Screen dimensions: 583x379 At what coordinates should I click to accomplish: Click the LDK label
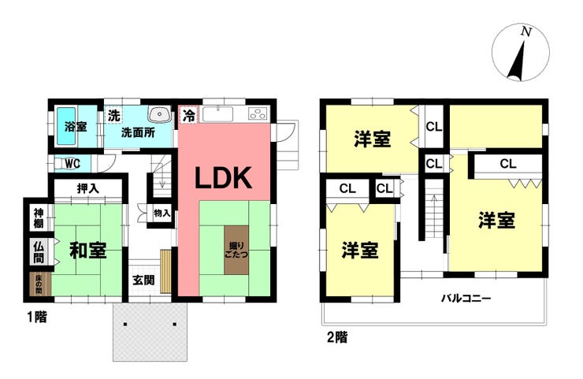tap(224, 178)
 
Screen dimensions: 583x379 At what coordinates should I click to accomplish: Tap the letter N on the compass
tap(526, 32)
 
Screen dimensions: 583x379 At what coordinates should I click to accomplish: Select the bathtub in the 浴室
tap(66, 126)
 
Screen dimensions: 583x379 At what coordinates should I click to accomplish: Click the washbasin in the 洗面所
tap(160, 113)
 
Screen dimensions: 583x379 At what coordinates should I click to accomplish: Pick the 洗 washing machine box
tap(113, 115)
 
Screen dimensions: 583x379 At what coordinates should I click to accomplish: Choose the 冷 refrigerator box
tap(189, 115)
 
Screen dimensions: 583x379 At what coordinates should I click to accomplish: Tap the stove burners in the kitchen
tap(258, 113)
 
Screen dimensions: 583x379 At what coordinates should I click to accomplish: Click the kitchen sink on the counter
tap(218, 113)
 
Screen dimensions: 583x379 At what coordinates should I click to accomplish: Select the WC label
tap(72, 164)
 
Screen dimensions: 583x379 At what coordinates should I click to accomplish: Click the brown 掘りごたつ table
tap(236, 250)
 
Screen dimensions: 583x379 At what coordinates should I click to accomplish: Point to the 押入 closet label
tap(88, 188)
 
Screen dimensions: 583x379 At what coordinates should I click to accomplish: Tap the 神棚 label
tap(39, 218)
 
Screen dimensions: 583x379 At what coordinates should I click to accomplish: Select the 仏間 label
tap(39, 252)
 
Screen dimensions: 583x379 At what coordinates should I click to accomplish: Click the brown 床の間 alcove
tap(39, 285)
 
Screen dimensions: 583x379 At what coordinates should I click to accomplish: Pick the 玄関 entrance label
tap(143, 280)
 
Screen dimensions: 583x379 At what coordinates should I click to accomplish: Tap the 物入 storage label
tap(162, 214)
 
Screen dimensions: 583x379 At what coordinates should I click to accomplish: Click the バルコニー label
tap(466, 299)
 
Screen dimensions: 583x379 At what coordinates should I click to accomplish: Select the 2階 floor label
tap(337, 337)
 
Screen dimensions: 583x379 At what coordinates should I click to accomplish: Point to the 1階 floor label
tap(37, 318)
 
